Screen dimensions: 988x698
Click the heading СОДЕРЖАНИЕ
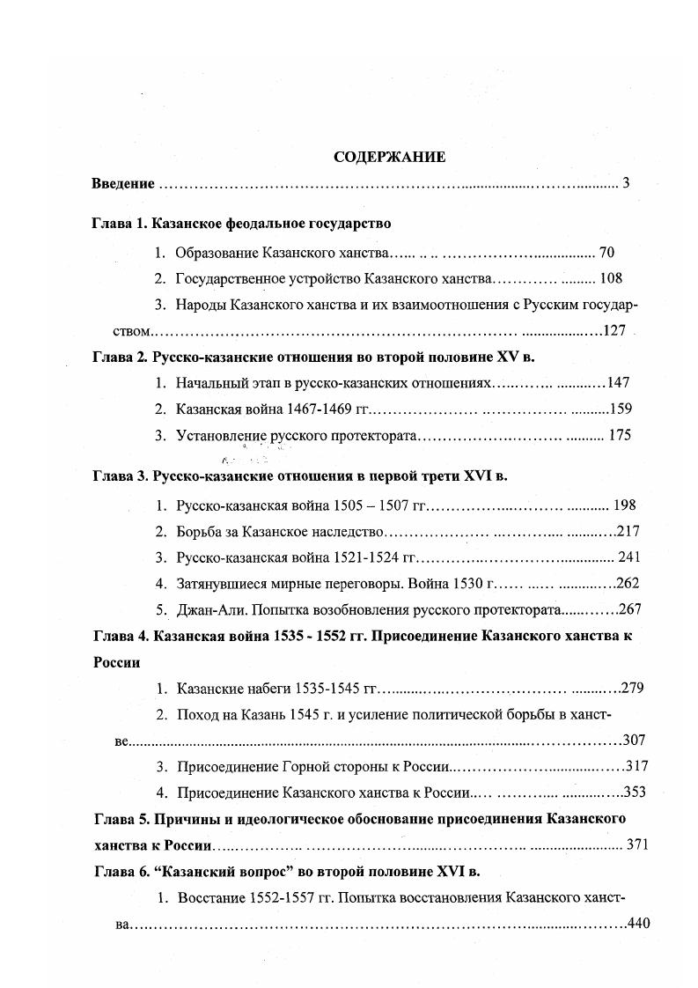[389, 158]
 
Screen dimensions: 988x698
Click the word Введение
[123, 184]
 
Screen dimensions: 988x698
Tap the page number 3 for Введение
[625, 184]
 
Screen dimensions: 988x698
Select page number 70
[606, 253]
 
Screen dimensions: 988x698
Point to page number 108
[610, 278]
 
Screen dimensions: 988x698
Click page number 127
[614, 331]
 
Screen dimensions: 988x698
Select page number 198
[624, 505]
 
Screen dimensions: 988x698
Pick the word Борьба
[201, 531]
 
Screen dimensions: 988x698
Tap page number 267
[631, 608]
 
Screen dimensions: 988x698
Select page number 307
[634, 740]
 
